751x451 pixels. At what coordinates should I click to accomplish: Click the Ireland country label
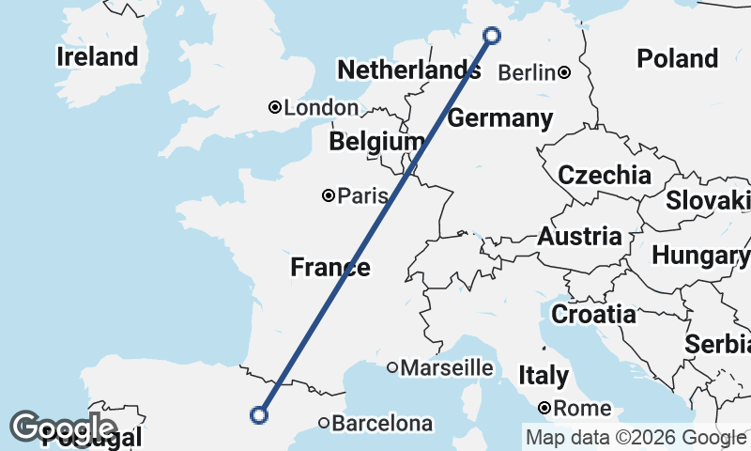pyautogui.click(x=97, y=56)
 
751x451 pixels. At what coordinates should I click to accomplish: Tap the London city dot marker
pyautogui.click(x=275, y=108)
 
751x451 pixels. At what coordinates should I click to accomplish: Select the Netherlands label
pyautogui.click(x=408, y=70)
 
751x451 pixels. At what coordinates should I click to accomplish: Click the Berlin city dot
pyautogui.click(x=564, y=72)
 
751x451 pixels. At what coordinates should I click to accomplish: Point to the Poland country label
pyautogui.click(x=677, y=58)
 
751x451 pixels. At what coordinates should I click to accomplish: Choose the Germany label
pyautogui.click(x=499, y=118)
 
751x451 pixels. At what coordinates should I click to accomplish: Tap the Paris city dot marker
pyautogui.click(x=329, y=195)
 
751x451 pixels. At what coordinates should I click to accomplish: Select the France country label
pyautogui.click(x=330, y=267)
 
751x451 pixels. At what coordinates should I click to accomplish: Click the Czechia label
pyautogui.click(x=604, y=175)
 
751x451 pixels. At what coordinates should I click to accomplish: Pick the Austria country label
pyautogui.click(x=579, y=236)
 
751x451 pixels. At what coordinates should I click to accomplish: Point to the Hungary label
pyautogui.click(x=699, y=255)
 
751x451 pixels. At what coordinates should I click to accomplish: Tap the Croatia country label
pyautogui.click(x=592, y=314)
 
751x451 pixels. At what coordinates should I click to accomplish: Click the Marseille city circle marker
pyautogui.click(x=392, y=367)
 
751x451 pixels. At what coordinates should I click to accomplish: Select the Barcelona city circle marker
pyautogui.click(x=324, y=423)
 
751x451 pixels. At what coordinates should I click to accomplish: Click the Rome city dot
pyautogui.click(x=544, y=409)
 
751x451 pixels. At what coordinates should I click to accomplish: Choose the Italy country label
pyautogui.click(x=543, y=376)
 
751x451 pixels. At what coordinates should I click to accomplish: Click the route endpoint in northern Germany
pyautogui.click(x=492, y=36)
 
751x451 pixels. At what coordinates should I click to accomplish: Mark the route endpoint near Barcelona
pyautogui.click(x=259, y=414)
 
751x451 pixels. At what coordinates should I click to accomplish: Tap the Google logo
pyautogui.click(x=63, y=428)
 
